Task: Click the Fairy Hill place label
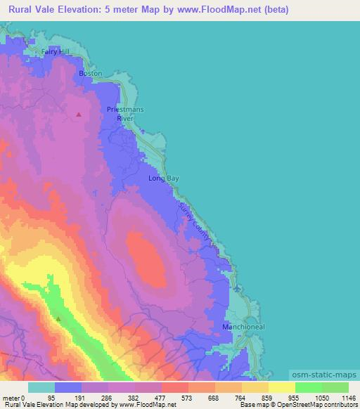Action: [57, 51]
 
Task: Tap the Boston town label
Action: [91, 73]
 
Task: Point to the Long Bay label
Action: [164, 178]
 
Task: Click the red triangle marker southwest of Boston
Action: [79, 114]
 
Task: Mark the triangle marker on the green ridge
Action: [58, 318]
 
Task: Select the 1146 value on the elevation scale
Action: [340, 397]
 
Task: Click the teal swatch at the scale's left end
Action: [41, 387]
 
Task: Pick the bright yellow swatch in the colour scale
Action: [282, 387]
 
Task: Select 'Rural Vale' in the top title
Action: [34, 11]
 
